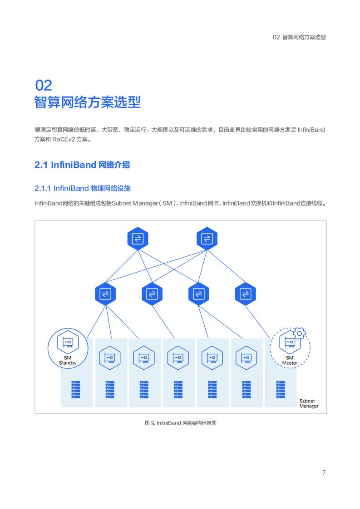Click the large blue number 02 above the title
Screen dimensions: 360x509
pyautogui.click(x=44, y=85)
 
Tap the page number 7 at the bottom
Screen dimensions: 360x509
pyautogui.click(x=324, y=473)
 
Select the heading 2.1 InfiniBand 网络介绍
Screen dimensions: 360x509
pyautogui.click(x=82, y=165)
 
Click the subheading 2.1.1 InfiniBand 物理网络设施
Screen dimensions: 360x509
pyautogui.click(x=83, y=188)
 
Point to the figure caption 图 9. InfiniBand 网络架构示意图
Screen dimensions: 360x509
pyautogui.click(x=181, y=423)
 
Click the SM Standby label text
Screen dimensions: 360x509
pyautogui.click(x=68, y=360)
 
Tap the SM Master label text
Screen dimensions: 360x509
pyautogui.click(x=290, y=360)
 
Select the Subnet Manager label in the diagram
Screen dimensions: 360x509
pyautogui.click(x=309, y=403)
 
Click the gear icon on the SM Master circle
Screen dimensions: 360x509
pyautogui.click(x=299, y=333)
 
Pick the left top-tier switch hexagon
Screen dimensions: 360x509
pyautogui.click(x=138, y=239)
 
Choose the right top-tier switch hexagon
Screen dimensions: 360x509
pyautogui.click(x=207, y=239)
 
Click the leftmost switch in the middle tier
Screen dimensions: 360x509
pyautogui.click(x=105, y=294)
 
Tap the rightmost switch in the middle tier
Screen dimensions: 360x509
pyautogui.click(x=245, y=294)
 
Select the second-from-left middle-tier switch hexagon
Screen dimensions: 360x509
pyautogui.click(x=152, y=294)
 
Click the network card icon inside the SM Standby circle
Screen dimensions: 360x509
pyautogui.click(x=68, y=342)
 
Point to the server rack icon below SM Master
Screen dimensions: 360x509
pyautogui.click(x=281, y=390)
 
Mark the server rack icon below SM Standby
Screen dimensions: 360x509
pyautogui.click(x=76, y=390)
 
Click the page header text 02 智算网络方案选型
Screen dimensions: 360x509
pyautogui.click(x=299, y=37)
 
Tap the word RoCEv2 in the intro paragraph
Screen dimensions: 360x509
pyautogui.click(x=64, y=140)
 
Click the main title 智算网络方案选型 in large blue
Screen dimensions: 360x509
pyautogui.click(x=88, y=102)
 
